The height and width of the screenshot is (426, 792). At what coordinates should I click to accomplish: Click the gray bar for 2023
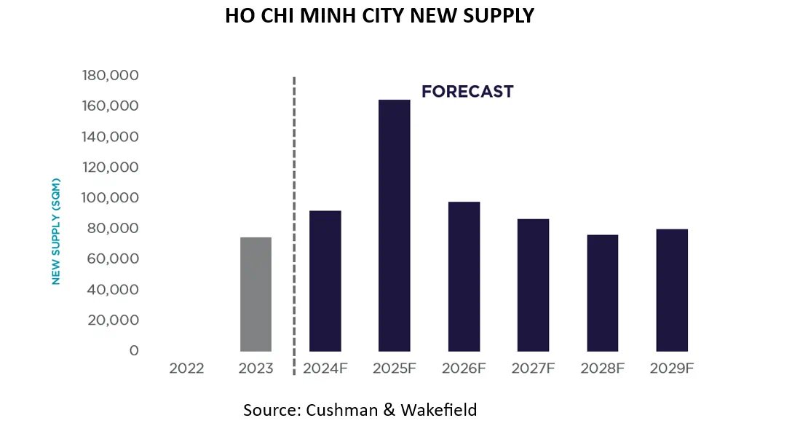(256, 294)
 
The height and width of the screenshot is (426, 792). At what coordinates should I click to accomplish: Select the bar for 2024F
(325, 281)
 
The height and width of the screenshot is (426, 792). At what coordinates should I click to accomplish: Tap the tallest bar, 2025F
(395, 226)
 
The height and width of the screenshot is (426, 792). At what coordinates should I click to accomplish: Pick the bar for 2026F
(464, 277)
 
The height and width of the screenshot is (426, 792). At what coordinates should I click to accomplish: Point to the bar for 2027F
(533, 285)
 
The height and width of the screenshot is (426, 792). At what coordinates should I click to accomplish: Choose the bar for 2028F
(602, 293)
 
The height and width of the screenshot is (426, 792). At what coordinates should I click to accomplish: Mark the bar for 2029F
(671, 291)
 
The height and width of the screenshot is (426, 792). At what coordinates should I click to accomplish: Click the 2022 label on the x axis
(186, 368)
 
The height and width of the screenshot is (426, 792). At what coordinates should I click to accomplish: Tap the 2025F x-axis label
(395, 368)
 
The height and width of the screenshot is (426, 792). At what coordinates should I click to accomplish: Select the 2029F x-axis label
(671, 368)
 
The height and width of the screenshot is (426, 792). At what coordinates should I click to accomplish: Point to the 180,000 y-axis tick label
(111, 76)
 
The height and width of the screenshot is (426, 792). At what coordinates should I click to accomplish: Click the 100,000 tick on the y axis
(111, 198)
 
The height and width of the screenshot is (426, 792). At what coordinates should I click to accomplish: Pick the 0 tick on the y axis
(133, 351)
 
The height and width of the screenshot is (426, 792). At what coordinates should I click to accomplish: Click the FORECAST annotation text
(467, 92)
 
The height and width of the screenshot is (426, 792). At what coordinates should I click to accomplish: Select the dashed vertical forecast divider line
(294, 218)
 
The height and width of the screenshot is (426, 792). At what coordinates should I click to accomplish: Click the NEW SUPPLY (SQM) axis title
(55, 231)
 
